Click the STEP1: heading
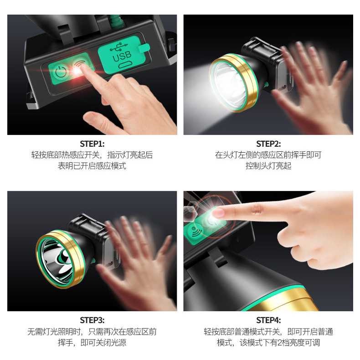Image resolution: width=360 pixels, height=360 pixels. [92, 144]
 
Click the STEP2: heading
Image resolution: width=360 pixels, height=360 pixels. [268, 144]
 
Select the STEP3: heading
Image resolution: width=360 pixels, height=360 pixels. [92, 320]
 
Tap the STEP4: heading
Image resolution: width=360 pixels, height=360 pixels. [268, 320]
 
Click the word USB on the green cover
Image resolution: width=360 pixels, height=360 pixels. [122, 56]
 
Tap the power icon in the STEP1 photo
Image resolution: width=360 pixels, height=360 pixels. [61, 71]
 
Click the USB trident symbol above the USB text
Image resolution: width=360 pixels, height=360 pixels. [118, 47]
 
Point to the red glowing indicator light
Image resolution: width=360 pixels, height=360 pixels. [76, 71]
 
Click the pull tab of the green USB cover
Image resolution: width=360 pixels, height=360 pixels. [144, 48]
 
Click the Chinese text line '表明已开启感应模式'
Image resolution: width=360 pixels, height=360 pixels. [92, 166]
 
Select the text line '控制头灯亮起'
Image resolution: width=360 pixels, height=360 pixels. [268, 166]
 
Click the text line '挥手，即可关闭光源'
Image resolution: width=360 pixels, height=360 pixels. [92, 343]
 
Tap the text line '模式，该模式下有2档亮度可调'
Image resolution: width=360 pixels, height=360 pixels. [268, 343]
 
